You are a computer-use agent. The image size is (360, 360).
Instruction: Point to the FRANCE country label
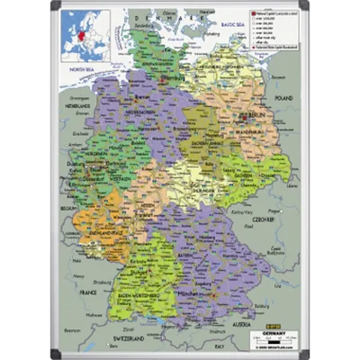(86, 292)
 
